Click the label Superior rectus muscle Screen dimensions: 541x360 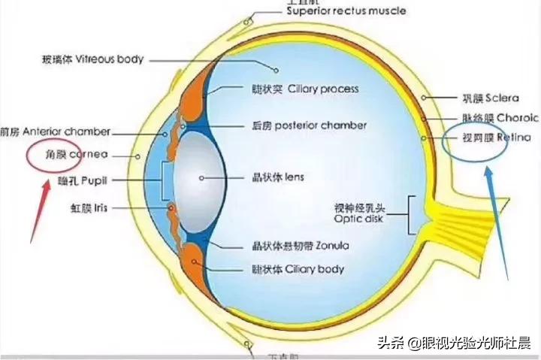coord(346,11)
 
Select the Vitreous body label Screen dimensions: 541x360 coord(93,59)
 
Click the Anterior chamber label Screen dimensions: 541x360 coord(56,131)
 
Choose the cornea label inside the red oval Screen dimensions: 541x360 coord(66,155)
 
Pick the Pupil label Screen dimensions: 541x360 coord(85,181)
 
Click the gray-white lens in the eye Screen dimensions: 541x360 coord(201,178)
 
